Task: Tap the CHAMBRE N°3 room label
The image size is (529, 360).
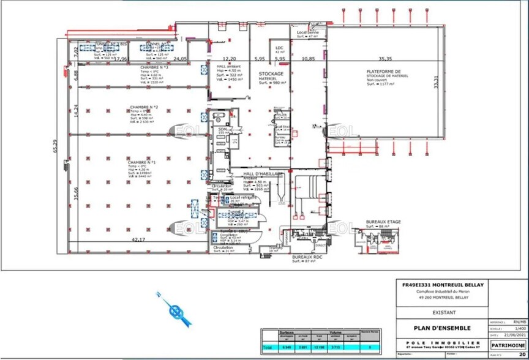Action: [x=154, y=67]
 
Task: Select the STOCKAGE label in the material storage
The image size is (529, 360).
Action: [x=271, y=74]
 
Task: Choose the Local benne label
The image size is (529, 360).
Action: [x=306, y=32]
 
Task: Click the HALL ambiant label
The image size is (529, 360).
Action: [x=229, y=66]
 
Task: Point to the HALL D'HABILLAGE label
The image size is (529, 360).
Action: [x=263, y=174]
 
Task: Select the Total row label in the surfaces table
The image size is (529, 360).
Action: [x=267, y=347]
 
